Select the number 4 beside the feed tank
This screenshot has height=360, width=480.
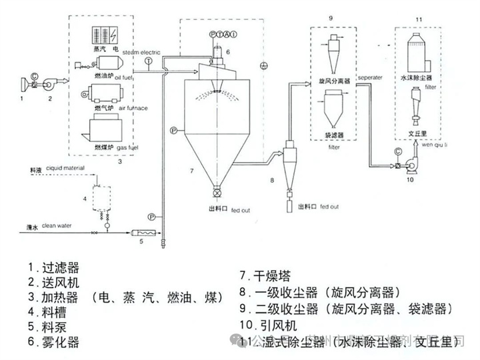(85, 199)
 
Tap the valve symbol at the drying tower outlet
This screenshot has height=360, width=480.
(217, 193)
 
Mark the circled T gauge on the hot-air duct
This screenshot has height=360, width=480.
(147, 61)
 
